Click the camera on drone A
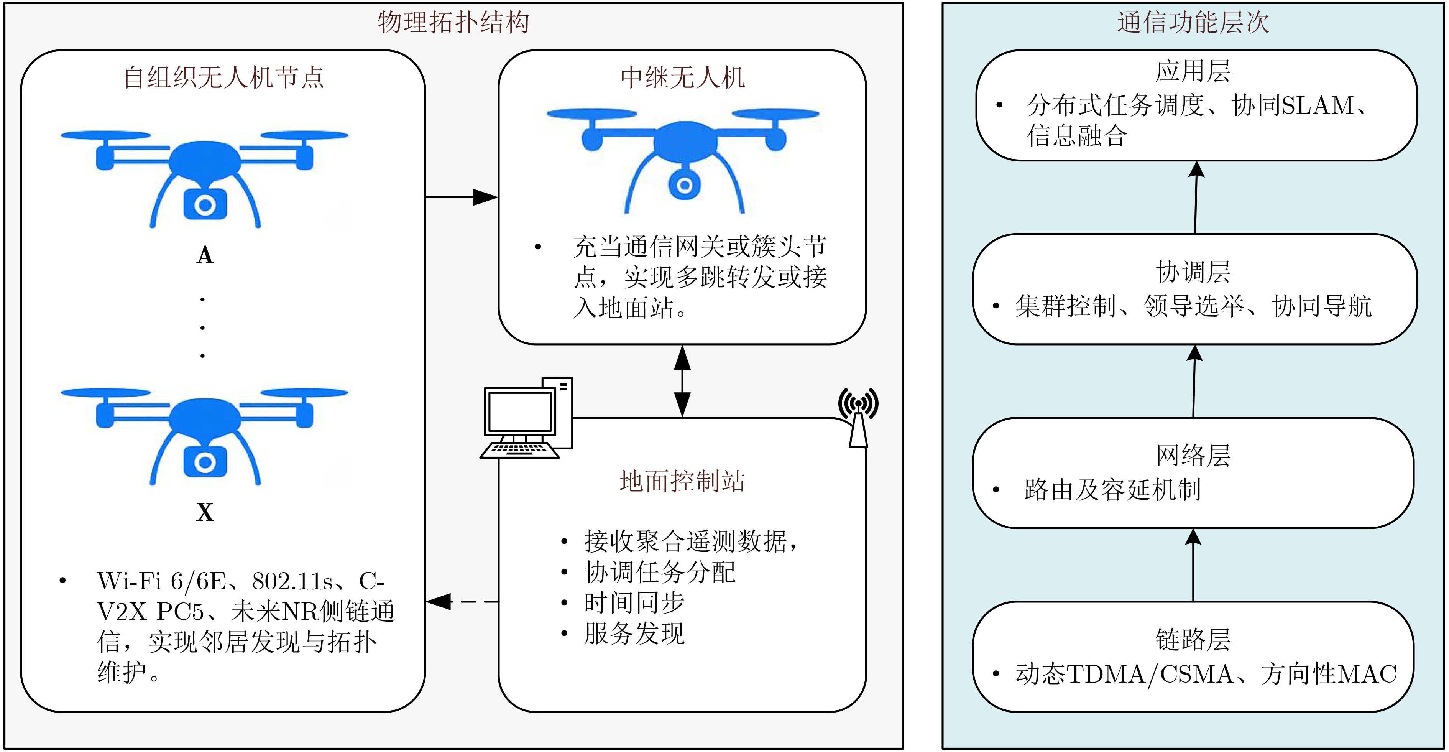205,205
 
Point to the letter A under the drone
205,256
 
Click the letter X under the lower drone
205,513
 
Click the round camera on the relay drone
684,185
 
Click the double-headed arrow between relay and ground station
682,381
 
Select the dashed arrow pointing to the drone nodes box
462,601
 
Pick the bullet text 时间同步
634,603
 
